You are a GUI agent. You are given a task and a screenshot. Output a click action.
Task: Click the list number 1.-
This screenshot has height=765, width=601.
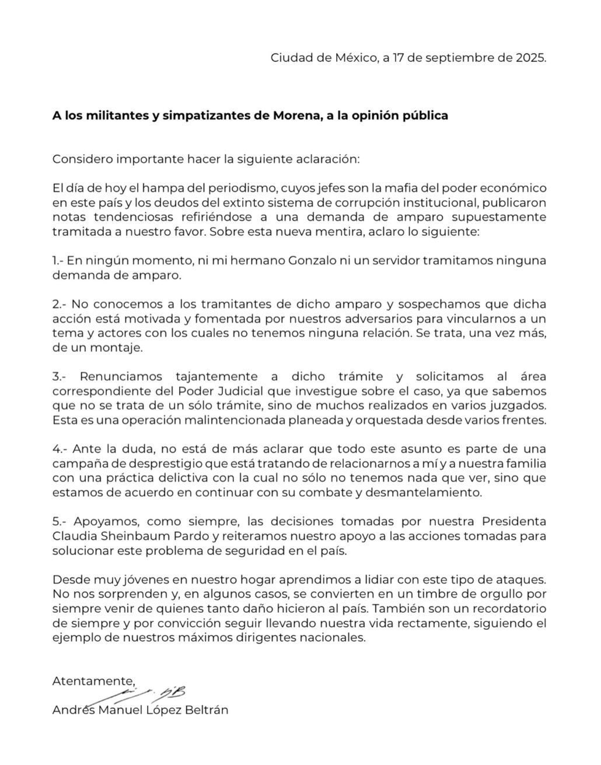click(x=60, y=261)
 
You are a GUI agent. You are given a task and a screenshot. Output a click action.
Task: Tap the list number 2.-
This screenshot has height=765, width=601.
click(x=61, y=305)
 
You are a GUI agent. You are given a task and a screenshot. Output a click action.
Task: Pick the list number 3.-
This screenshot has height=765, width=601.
click(x=61, y=377)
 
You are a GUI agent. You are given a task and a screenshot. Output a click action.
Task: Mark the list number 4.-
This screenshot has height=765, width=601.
click(x=61, y=449)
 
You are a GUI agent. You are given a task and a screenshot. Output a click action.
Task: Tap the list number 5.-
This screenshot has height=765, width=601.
click(x=61, y=521)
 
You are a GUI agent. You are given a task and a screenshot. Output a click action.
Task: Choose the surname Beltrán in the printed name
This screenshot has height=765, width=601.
click(x=204, y=710)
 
